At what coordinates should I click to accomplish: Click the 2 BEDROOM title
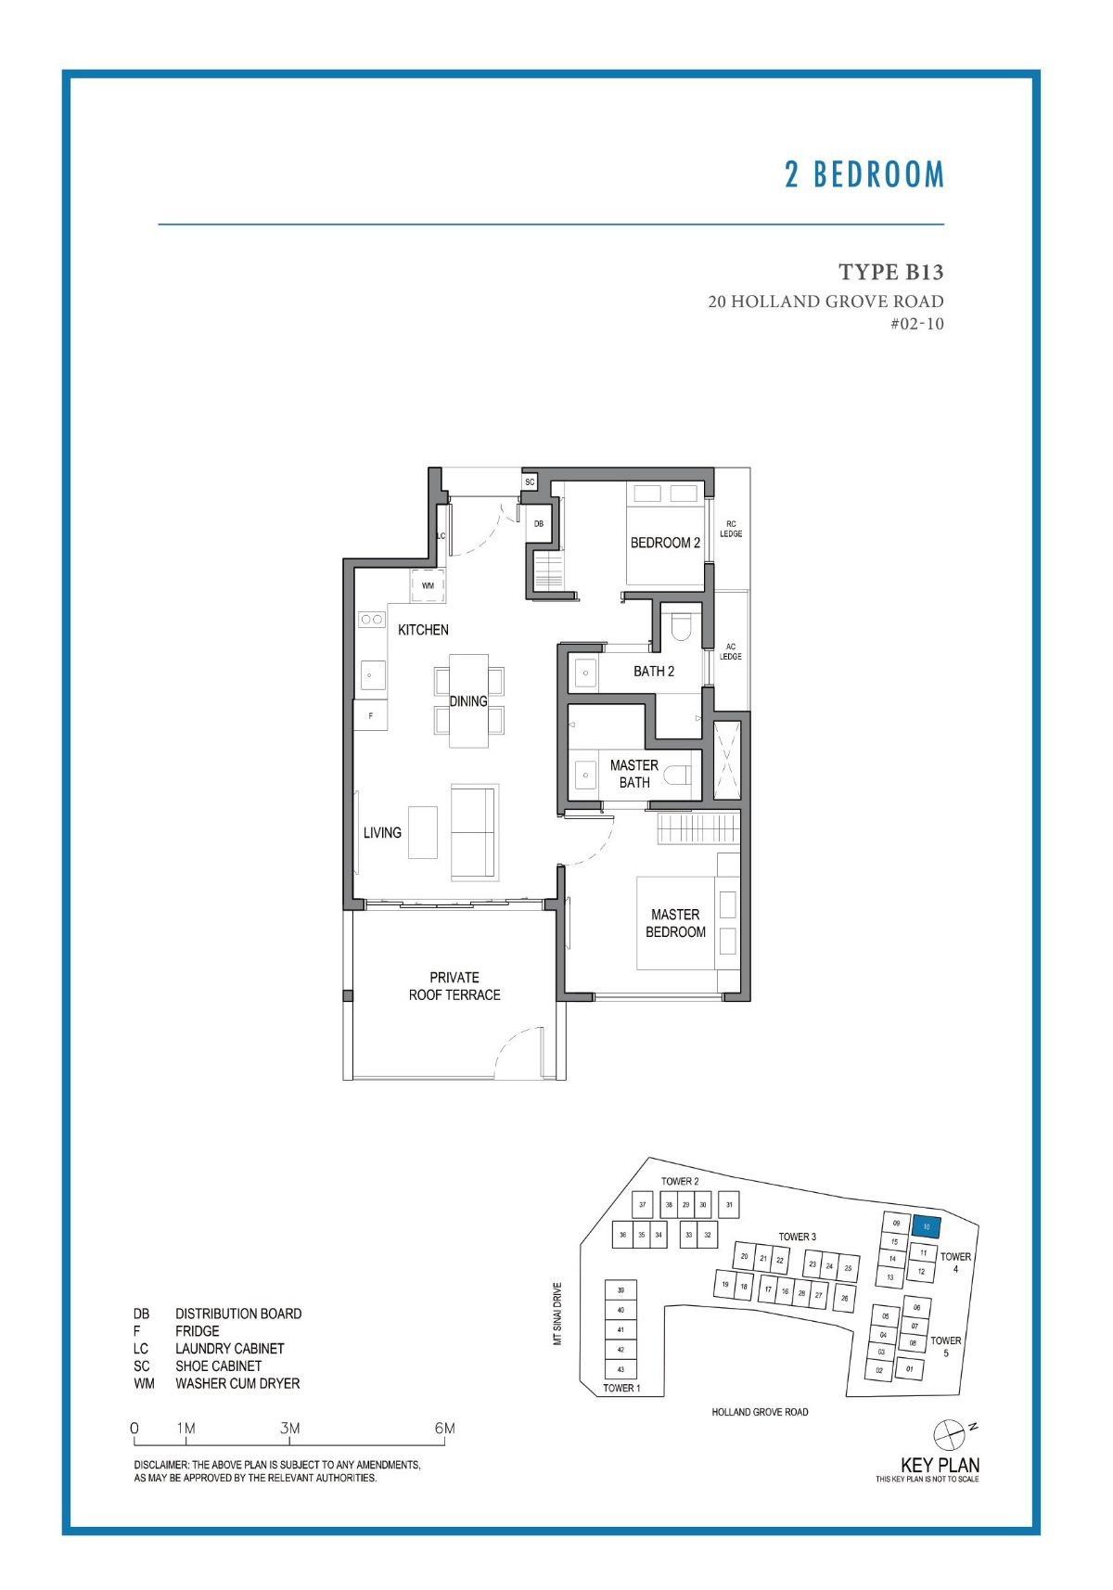click(x=864, y=174)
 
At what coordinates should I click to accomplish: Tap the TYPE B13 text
click(x=890, y=272)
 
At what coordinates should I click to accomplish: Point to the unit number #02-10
click(x=916, y=324)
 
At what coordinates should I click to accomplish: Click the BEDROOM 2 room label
click(x=665, y=543)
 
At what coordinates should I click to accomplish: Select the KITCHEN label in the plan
click(x=423, y=630)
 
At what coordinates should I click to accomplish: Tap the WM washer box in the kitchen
click(x=428, y=585)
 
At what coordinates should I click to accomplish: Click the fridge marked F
click(x=371, y=715)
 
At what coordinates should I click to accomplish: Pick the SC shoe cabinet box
click(x=530, y=482)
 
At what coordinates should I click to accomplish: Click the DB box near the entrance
click(x=539, y=524)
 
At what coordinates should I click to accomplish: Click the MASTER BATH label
click(x=634, y=774)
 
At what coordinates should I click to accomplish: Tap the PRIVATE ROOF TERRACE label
click(x=454, y=986)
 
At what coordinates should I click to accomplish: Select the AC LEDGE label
click(x=731, y=652)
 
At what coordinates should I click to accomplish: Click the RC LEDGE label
click(x=731, y=529)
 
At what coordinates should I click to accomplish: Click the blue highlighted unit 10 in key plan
click(x=927, y=1226)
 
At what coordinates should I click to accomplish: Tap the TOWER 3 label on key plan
click(x=797, y=1237)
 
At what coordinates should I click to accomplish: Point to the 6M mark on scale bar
click(x=445, y=1429)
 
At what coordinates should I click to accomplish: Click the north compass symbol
click(x=949, y=1434)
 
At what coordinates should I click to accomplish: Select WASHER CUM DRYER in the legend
click(x=237, y=1383)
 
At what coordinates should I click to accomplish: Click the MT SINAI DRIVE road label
click(x=557, y=1314)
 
